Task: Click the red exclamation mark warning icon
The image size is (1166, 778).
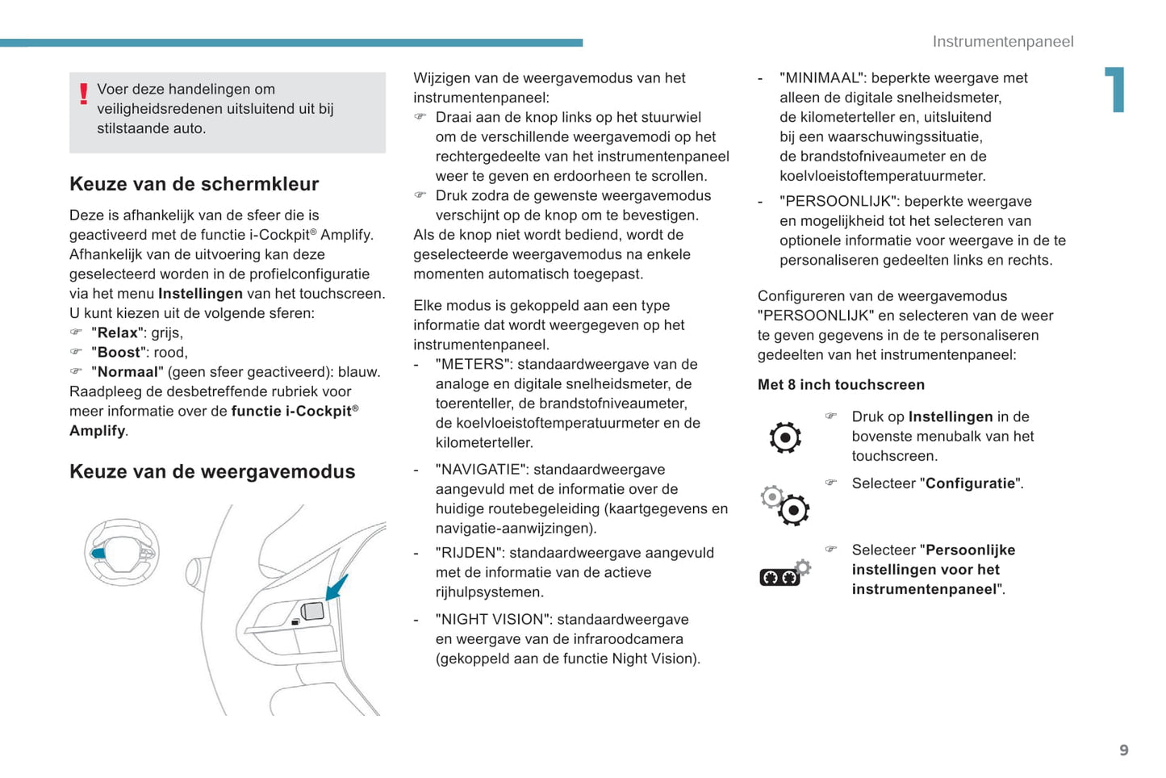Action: click(83, 94)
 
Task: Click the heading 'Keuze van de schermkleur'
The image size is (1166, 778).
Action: click(194, 184)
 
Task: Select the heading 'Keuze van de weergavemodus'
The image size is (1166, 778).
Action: click(212, 472)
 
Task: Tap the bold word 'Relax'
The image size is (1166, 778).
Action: click(118, 333)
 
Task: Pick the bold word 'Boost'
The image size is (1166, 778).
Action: click(119, 353)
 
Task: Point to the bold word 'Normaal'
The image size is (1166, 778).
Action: click(127, 372)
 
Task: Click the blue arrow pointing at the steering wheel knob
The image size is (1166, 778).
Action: click(336, 587)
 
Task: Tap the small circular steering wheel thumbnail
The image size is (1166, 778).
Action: click(122, 552)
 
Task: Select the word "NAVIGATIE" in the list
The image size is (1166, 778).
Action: click(482, 470)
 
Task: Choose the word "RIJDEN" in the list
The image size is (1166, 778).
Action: click(468, 553)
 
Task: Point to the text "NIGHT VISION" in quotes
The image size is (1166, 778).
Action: click(493, 620)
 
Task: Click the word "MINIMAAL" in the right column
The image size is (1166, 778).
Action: click(821, 78)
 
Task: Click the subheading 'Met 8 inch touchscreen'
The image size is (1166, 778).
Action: click(841, 385)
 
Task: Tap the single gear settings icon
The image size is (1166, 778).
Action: click(785, 437)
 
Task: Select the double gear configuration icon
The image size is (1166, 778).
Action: click(785, 505)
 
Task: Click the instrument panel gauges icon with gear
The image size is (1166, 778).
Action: click(785, 573)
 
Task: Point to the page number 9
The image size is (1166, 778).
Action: click(1124, 751)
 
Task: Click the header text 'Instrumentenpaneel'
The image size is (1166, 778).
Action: click(1002, 42)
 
